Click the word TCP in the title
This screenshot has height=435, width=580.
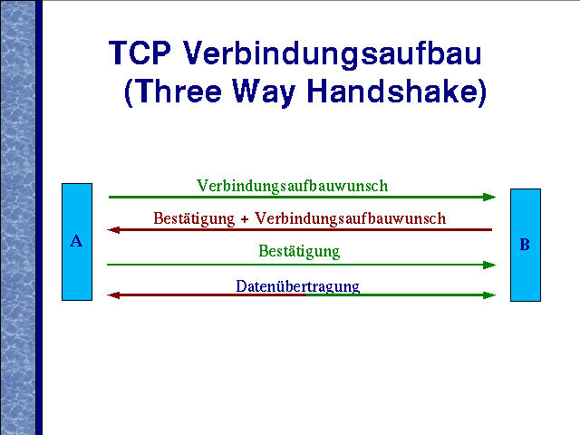tap(140, 53)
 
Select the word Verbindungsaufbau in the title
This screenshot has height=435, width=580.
tap(333, 54)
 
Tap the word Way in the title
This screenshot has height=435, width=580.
tap(264, 92)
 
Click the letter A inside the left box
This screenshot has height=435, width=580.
tap(76, 241)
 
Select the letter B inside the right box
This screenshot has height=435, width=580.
tap(525, 245)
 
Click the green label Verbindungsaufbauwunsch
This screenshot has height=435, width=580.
tap(292, 186)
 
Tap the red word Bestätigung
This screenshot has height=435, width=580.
tap(194, 218)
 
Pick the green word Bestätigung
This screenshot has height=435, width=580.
tap(299, 251)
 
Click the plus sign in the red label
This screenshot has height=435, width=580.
tap(245, 219)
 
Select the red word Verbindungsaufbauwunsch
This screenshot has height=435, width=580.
tap(351, 218)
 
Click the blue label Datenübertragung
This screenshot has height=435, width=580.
tap(298, 286)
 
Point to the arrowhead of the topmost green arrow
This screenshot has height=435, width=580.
tap(489, 198)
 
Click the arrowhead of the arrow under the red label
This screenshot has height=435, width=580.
tap(113, 230)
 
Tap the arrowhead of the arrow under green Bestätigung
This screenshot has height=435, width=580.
tap(489, 265)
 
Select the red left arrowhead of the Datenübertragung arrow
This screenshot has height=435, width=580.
tap(113, 295)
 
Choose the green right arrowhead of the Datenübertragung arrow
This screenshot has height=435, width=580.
tap(489, 295)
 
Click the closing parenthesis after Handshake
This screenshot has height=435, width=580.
tap(482, 92)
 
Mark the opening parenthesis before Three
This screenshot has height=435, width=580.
tap(129, 92)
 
